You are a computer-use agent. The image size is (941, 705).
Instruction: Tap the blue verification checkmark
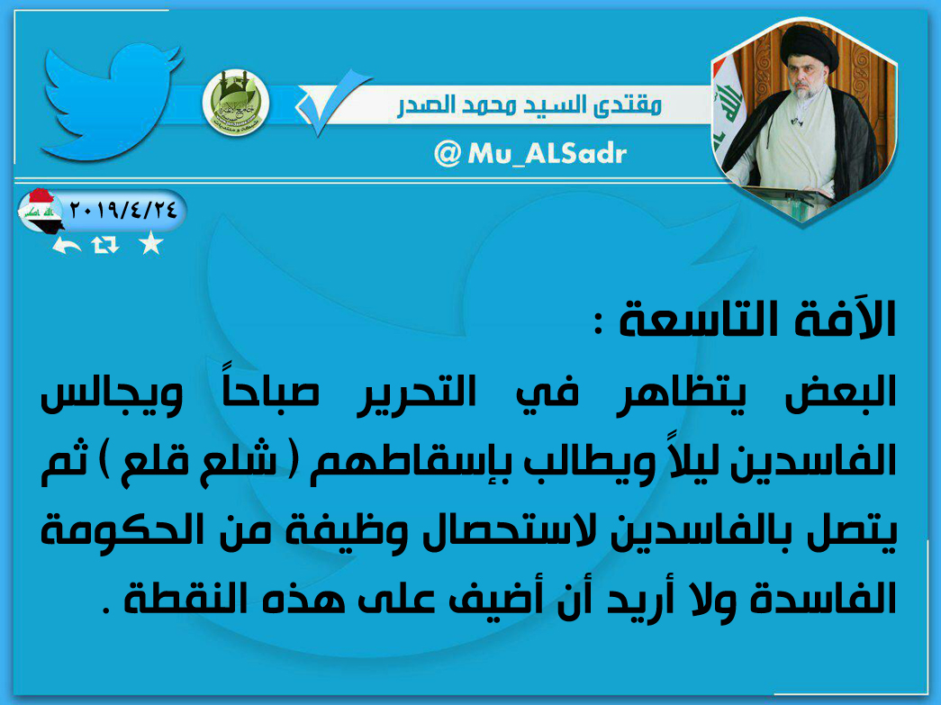332,102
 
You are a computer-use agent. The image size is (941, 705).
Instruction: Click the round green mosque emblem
236,103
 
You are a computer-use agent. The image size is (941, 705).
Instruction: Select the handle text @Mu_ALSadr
530,154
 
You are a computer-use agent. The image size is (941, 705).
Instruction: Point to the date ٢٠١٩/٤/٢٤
123,210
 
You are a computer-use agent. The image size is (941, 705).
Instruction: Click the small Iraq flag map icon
41,211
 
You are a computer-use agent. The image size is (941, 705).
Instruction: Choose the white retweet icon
105,245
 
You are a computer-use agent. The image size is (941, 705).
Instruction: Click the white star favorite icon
150,244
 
